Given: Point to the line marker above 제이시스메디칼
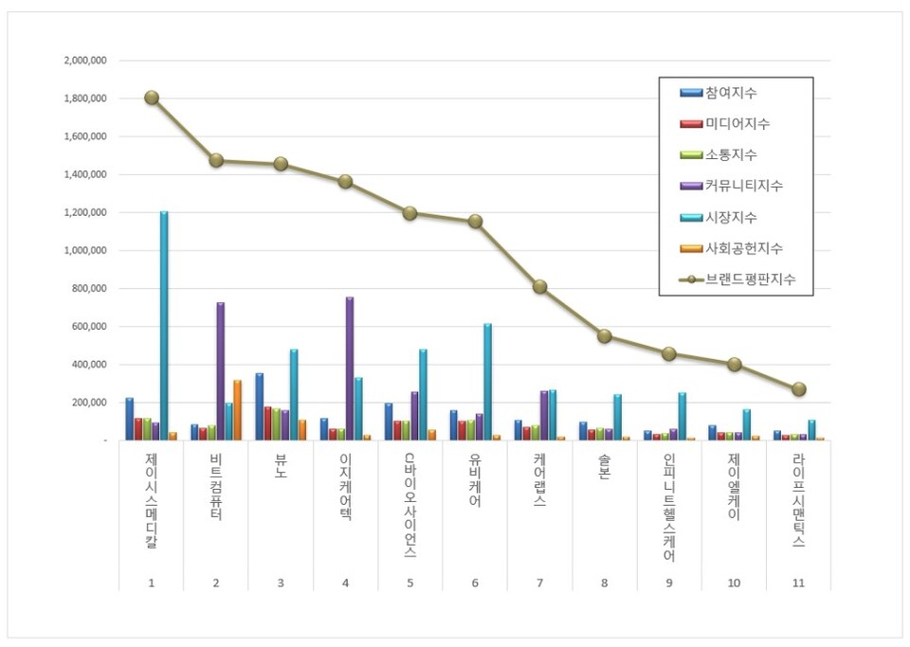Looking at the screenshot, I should click(152, 98).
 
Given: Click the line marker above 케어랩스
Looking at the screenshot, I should click(539, 286).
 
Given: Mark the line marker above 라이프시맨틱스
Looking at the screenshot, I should click(799, 388).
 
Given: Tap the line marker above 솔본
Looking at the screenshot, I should click(605, 335).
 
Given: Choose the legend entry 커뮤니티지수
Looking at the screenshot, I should click(743, 186).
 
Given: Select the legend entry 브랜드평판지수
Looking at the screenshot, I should click(749, 279).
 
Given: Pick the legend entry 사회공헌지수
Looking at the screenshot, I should click(743, 248).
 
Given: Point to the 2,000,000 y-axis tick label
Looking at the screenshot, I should click(84, 60).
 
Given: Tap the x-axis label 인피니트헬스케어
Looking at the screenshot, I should click(669, 508).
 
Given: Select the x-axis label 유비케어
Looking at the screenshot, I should click(475, 481).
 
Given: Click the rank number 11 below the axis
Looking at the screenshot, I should click(799, 583).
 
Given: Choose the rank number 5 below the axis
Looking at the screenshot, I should click(410, 583).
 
